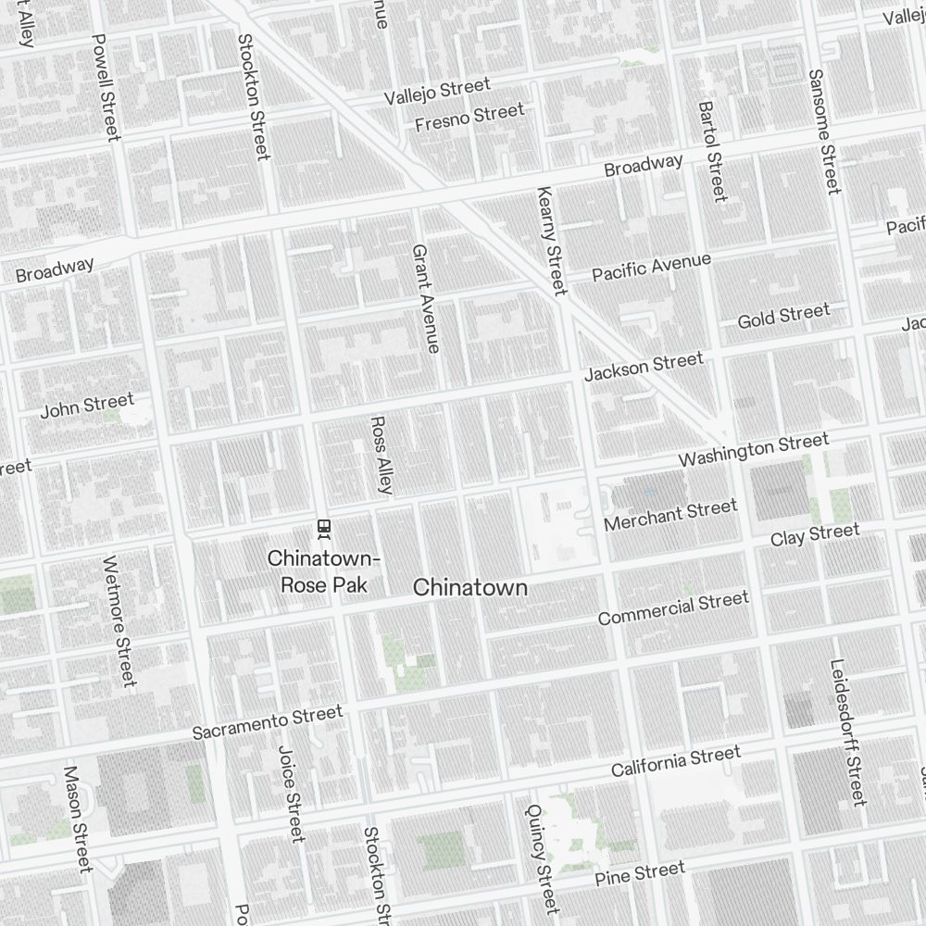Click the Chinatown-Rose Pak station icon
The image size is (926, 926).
pos(324,528)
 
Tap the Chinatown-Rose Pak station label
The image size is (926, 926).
pos(323,572)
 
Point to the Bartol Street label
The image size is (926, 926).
pos(713,151)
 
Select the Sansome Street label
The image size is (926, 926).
pos(823,131)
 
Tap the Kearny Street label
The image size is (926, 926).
pos(550,241)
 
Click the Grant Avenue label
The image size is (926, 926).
pos(425,298)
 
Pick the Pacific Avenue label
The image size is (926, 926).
pos(652,267)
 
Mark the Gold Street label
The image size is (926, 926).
pos(783,317)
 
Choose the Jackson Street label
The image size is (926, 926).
pos(644,366)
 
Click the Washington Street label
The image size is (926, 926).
pos(754,451)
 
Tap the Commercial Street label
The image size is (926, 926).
pos(673,608)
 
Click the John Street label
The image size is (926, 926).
pos(87,406)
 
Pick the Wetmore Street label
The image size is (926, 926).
pos(119,621)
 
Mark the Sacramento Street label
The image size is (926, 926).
pos(267,721)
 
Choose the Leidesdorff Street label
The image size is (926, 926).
pos(847,732)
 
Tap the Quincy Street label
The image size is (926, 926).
pos(541,857)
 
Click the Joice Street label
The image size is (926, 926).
pos(290,794)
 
